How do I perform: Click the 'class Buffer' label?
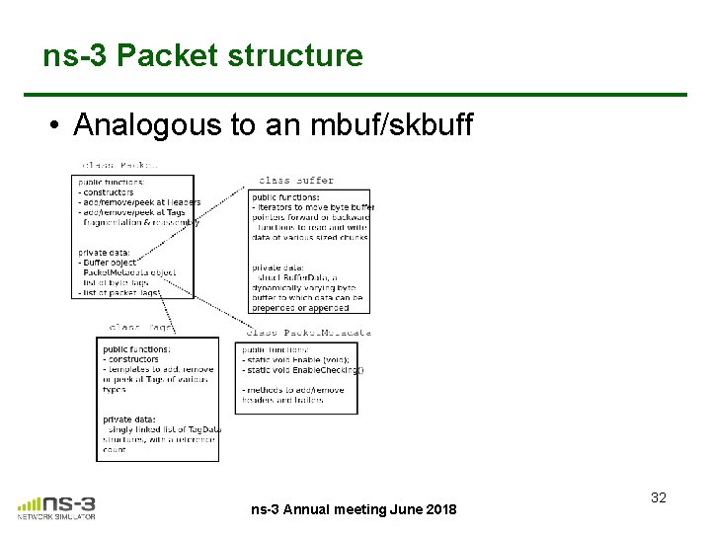(295, 181)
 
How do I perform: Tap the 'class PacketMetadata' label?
(308, 333)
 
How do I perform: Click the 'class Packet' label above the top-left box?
(119, 165)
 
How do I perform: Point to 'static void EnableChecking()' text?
(304, 369)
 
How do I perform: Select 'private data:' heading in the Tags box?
(130, 419)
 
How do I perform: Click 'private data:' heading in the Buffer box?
(279, 267)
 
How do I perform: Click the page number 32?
(659, 497)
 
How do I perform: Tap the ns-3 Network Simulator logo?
(57, 506)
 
